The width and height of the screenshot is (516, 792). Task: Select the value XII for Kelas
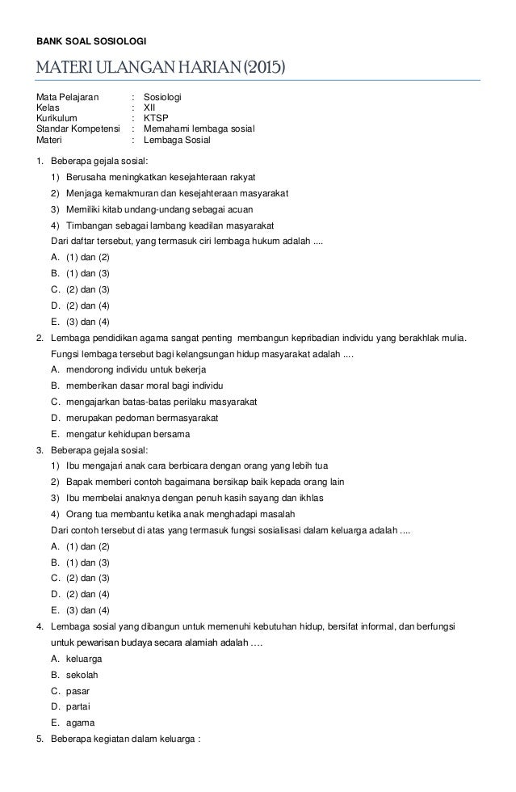150,107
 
